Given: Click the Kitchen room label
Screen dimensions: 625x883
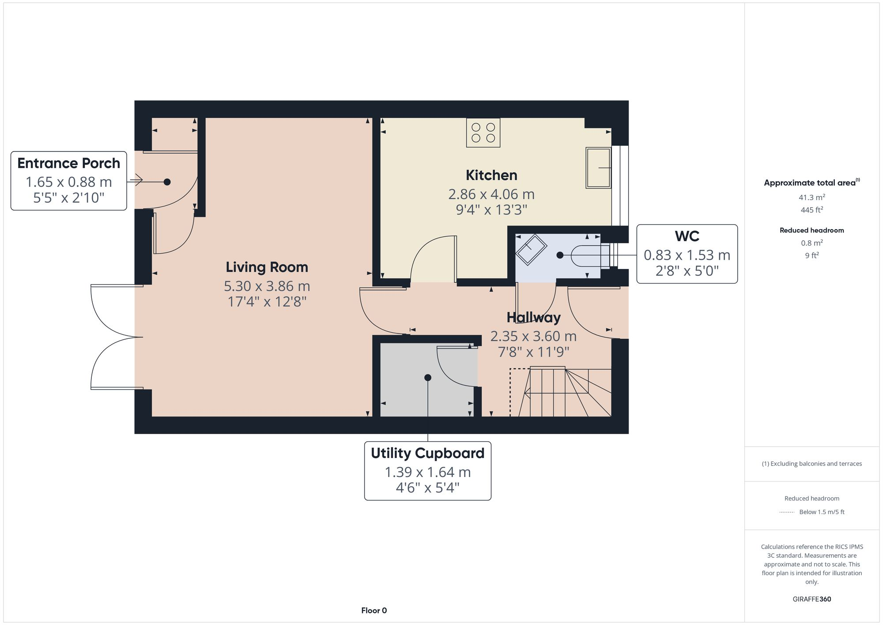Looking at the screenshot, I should [x=491, y=175].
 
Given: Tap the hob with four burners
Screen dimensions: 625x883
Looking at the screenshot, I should [x=483, y=133].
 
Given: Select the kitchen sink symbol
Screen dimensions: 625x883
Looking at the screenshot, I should [x=598, y=168].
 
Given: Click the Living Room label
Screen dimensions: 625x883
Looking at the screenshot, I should [x=267, y=267].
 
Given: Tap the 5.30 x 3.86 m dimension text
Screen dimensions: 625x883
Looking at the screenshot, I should [x=267, y=286].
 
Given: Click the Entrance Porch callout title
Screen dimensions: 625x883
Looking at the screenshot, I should [x=68, y=163].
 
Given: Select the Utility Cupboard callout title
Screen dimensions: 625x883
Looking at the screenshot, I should [x=427, y=453].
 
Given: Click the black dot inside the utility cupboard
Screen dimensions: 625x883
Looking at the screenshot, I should [x=427, y=378].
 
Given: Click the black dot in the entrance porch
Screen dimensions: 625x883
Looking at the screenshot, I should [x=167, y=182].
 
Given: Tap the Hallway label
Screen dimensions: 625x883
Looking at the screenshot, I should [x=533, y=317].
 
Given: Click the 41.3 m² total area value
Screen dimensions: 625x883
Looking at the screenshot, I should [x=811, y=197].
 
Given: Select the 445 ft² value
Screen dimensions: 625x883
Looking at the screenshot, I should [x=811, y=210].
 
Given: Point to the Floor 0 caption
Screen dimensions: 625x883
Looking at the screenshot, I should [x=374, y=610].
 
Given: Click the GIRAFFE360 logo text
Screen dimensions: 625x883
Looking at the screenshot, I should [x=811, y=599].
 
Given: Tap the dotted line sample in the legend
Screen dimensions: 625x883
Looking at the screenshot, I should [x=787, y=512].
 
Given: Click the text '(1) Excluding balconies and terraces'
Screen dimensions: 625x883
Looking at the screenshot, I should [x=811, y=464].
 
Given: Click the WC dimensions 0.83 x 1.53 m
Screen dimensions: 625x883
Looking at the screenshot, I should [x=687, y=255].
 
